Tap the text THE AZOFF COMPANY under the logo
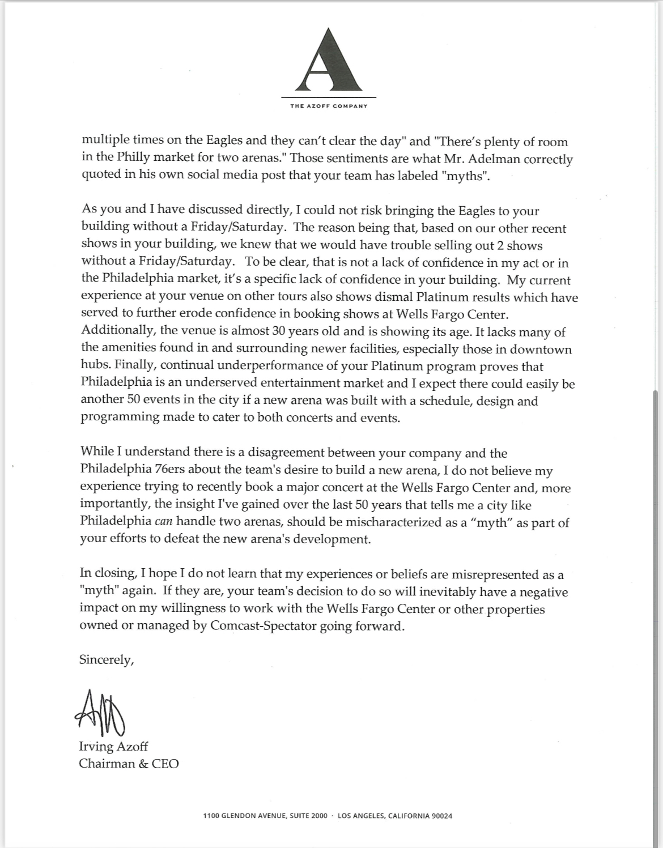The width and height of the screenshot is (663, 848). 329,106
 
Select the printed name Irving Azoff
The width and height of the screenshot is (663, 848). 113,747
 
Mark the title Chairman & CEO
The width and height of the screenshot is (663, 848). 129,764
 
